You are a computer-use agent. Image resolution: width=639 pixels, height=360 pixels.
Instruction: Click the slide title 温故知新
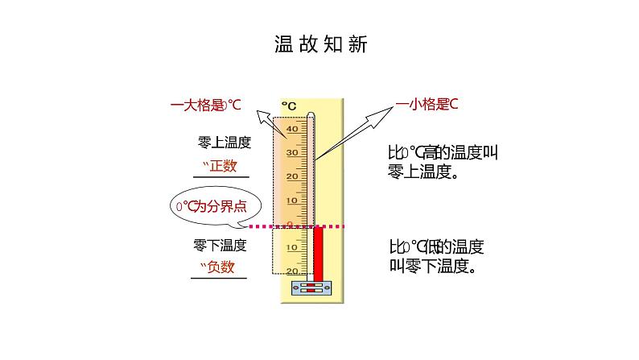[x=319, y=45]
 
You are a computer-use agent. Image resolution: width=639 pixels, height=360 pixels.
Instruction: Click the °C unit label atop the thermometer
[x=289, y=106]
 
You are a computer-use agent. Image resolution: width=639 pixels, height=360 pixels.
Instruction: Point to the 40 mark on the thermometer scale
[x=291, y=129]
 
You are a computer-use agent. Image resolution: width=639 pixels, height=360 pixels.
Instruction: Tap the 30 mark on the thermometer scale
[x=291, y=152]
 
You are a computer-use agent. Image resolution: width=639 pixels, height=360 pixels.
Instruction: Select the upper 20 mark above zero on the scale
[x=291, y=176]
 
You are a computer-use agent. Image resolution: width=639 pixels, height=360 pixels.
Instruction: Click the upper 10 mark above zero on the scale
[x=291, y=200]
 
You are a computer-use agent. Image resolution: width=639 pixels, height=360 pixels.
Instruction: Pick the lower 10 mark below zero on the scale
[x=291, y=248]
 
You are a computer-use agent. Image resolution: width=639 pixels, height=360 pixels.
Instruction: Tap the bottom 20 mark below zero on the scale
[x=291, y=271]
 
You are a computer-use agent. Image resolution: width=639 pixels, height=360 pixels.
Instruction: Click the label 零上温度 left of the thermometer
[x=225, y=143]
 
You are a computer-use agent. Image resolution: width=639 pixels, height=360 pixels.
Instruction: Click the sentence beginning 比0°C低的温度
[x=435, y=256]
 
